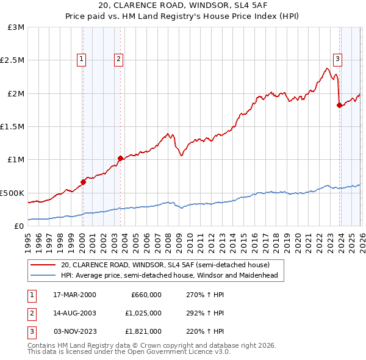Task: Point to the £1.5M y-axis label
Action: coord(12,126)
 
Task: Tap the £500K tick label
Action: coord(12,193)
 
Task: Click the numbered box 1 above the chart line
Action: coord(82,59)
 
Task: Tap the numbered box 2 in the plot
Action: coord(118,59)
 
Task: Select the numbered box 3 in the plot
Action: coord(337,59)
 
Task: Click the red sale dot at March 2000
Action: coord(83,182)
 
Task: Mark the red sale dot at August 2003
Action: coord(120,158)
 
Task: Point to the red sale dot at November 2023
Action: coord(339,105)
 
